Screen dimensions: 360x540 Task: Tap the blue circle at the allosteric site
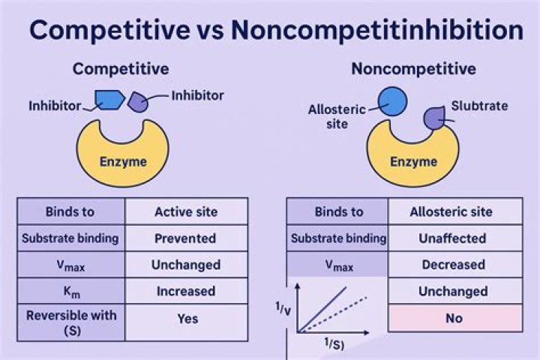[x=391, y=102]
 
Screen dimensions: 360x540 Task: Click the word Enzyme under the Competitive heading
[x=124, y=160]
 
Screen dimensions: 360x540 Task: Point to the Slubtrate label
[x=479, y=106]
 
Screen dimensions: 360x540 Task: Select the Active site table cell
[x=186, y=211]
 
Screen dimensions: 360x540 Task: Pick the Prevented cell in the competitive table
[x=186, y=238]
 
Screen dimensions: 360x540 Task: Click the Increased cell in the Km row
[x=186, y=291]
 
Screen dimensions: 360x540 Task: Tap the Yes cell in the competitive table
[x=187, y=318]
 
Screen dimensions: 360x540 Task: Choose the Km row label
[x=70, y=291]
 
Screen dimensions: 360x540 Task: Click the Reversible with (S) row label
[x=70, y=322]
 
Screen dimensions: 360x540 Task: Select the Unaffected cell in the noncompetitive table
[x=454, y=238]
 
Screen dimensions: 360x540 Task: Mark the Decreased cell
[x=454, y=265]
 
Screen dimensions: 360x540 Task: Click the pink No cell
[x=454, y=318]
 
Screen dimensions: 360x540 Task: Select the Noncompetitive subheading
[x=413, y=69]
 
